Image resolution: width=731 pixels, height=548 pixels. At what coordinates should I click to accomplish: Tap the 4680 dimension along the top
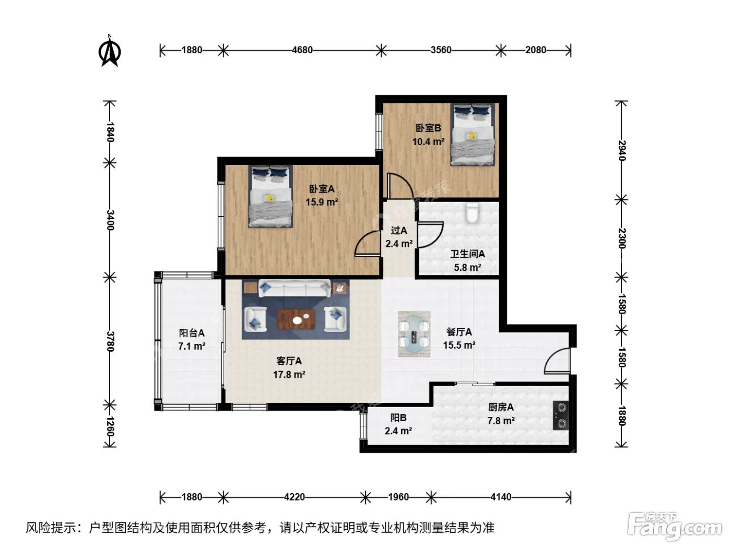pyautogui.click(x=302, y=50)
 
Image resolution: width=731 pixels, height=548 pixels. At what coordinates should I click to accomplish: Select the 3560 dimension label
pyautogui.click(x=441, y=50)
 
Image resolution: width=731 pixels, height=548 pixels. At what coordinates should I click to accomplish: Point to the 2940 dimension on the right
pyautogui.click(x=622, y=150)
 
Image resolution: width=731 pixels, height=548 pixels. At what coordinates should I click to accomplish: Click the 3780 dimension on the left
pyautogui.click(x=110, y=341)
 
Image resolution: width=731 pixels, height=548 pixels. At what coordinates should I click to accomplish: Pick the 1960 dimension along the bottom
pyautogui.click(x=398, y=497)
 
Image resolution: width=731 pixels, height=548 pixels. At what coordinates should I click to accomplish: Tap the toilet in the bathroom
pyautogui.click(x=472, y=212)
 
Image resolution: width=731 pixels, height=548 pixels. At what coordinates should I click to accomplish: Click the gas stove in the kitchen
pyautogui.click(x=561, y=415)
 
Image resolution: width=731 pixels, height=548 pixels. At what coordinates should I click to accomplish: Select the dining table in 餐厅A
pyautogui.click(x=414, y=334)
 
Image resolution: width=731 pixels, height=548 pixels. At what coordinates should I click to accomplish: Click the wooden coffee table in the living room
pyautogui.click(x=296, y=319)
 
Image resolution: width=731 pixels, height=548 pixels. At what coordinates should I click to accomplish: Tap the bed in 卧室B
pyautogui.click(x=472, y=134)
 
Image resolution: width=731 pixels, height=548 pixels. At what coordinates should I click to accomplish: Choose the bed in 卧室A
pyautogui.click(x=270, y=196)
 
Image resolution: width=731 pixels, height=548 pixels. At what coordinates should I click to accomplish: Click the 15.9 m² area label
pyautogui.click(x=322, y=202)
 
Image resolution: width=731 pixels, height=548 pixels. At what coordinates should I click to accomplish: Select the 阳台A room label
pyautogui.click(x=192, y=333)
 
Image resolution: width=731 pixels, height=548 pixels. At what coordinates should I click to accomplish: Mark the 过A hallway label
pyautogui.click(x=398, y=230)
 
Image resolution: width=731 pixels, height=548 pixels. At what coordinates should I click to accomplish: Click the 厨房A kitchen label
pyautogui.click(x=501, y=407)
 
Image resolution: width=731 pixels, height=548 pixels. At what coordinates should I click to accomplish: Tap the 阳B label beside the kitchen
pyautogui.click(x=398, y=417)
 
